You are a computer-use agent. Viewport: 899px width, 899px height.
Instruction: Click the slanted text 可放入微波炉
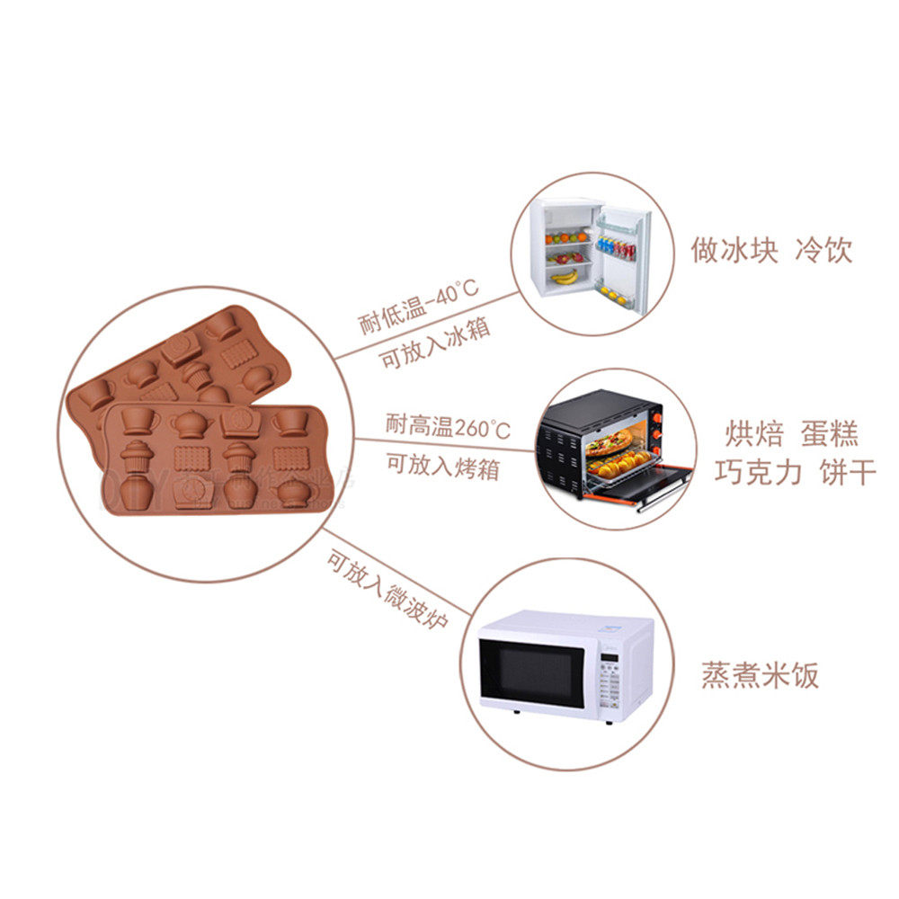tap(387, 590)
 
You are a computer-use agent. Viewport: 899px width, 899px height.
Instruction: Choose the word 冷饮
tap(823, 249)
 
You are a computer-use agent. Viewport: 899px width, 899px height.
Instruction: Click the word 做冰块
tap(734, 249)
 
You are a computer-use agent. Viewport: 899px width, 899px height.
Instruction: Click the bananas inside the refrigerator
tap(565, 277)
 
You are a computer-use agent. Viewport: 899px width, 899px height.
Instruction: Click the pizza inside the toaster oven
tap(609, 442)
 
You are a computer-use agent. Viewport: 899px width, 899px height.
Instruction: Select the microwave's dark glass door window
tap(532, 671)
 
